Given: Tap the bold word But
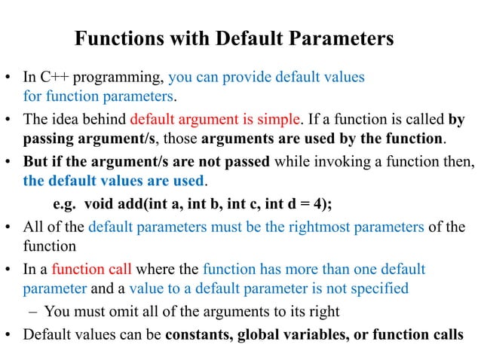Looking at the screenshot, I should click(x=36, y=161).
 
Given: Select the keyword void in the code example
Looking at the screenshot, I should click(x=101, y=203).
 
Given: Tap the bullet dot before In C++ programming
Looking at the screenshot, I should click(x=11, y=78).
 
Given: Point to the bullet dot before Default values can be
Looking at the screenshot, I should click(x=11, y=332).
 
